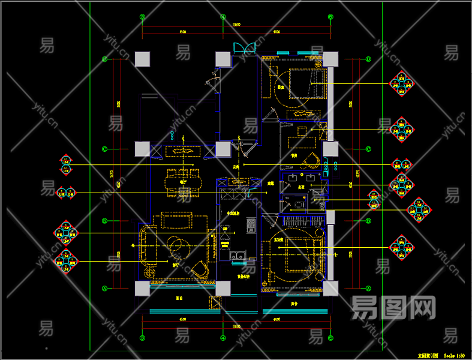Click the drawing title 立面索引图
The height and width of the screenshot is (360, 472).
(x=428, y=355)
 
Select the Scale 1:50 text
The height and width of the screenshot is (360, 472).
(x=455, y=355)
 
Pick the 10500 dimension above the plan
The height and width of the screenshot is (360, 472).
(x=236, y=25)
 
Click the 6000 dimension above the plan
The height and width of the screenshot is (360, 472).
(x=276, y=32)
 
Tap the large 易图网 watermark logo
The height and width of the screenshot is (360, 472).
(x=393, y=307)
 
